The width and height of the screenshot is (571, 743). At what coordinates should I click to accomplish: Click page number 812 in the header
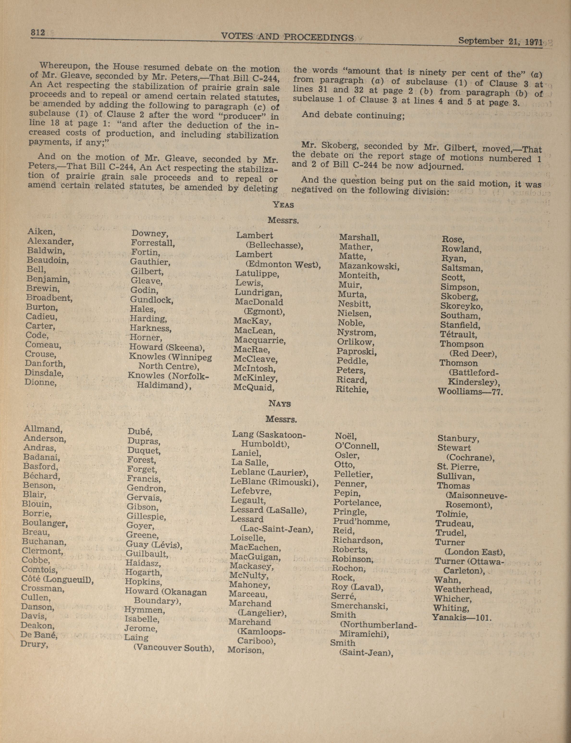point(38,33)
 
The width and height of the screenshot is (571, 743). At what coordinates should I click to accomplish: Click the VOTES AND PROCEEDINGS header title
point(287,37)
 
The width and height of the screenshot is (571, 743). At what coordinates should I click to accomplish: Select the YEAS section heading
point(283,205)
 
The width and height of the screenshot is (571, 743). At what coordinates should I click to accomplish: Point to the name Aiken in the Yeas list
point(41,232)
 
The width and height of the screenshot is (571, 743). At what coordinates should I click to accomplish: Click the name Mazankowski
point(368,266)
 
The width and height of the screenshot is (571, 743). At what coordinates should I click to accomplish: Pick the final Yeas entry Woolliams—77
point(470,391)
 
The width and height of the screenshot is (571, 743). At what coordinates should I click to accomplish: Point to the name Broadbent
point(49,298)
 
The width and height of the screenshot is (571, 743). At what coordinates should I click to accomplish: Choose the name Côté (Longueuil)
point(57,578)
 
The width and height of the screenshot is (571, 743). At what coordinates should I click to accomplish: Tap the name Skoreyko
point(461,306)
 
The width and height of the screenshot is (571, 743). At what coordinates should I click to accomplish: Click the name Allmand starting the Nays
point(43,429)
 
